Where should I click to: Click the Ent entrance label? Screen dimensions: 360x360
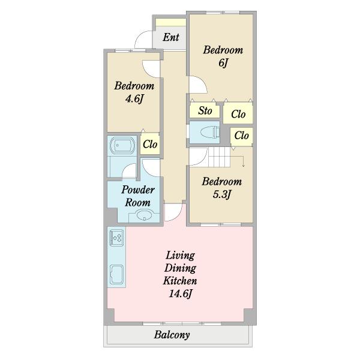coord(171,37)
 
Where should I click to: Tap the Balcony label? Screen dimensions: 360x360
coord(172,335)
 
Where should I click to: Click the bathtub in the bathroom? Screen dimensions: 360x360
coord(122,145)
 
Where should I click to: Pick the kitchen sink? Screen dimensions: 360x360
coord(116,274)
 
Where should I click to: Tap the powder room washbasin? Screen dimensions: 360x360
coord(144,216)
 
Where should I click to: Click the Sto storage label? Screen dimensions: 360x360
coord(205,110)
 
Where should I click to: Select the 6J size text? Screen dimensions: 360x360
coord(223,62)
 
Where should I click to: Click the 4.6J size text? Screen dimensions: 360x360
coord(134,99)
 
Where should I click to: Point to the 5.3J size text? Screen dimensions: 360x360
coord(221,194)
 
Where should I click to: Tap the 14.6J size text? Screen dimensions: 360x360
coord(180,293)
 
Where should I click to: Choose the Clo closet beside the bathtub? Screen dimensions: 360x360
coord(150,144)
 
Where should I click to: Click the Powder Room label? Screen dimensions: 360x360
coord(138,196)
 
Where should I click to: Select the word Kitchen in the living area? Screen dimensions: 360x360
coord(180,281)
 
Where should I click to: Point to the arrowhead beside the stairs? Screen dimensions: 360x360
coord(244,166)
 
